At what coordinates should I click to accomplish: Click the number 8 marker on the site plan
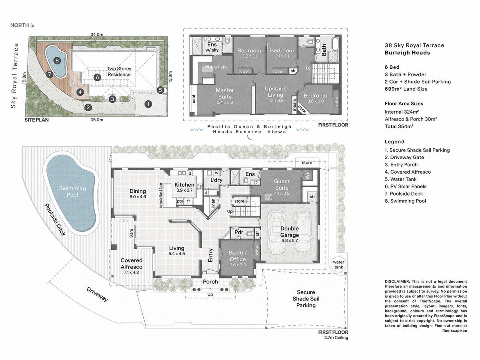click(x=57, y=60)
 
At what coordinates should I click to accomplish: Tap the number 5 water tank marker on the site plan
click(x=160, y=90)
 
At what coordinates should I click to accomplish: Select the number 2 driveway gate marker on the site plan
click(x=88, y=107)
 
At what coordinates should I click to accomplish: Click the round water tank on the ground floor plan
click(x=338, y=264)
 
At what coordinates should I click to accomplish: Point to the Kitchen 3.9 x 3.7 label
click(x=184, y=187)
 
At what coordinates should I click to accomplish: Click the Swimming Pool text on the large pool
click(x=72, y=192)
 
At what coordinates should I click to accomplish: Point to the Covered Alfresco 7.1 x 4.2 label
click(x=132, y=266)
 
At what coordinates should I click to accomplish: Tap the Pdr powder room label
click(x=239, y=232)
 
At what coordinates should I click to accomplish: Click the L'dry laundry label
click(x=216, y=180)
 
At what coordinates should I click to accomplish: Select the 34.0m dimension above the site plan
click(x=97, y=34)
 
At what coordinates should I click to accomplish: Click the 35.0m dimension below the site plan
click(x=97, y=120)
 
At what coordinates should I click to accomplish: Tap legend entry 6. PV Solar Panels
click(x=406, y=186)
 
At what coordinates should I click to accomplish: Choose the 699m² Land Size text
click(x=406, y=89)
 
